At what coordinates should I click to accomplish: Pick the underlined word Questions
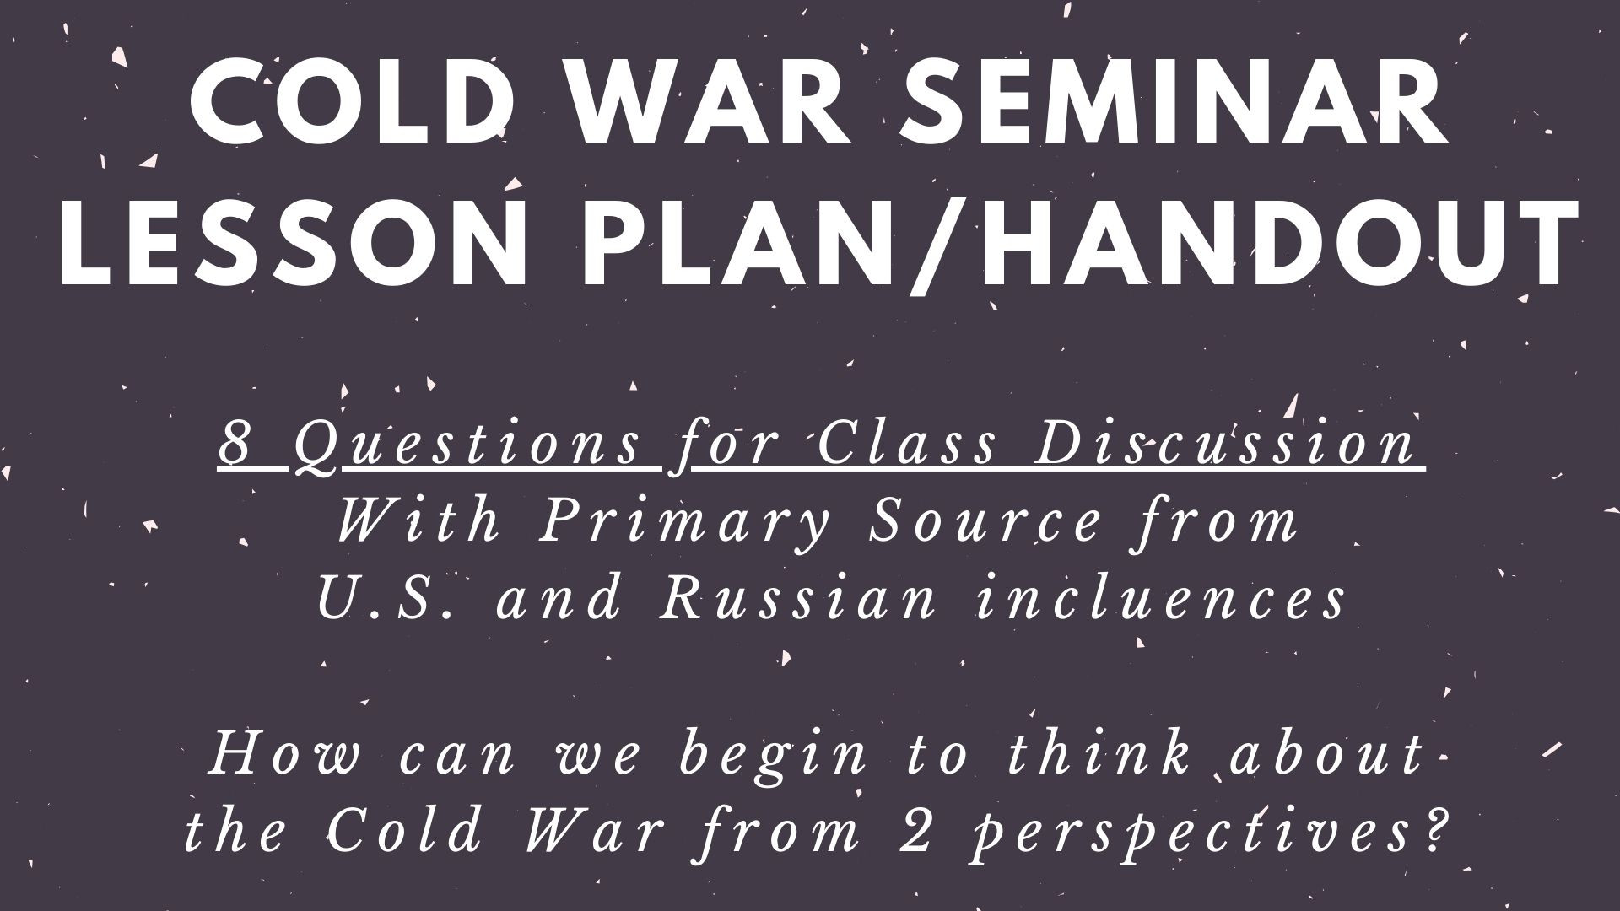(x=476, y=445)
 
